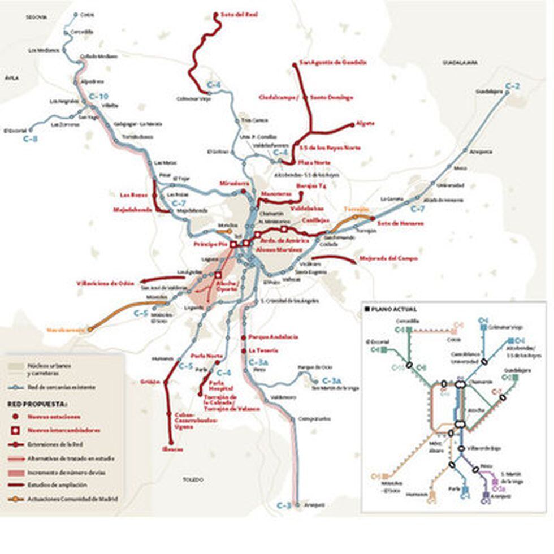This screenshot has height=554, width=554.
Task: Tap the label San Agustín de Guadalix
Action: pos(333,62)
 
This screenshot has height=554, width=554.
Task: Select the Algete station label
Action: pos(365,123)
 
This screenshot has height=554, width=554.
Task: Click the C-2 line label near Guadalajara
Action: pos(512,86)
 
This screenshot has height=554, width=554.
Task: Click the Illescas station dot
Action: pos(170,443)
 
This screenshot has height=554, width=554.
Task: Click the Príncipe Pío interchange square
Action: pos(232,244)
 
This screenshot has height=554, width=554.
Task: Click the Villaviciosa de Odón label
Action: pos(106,283)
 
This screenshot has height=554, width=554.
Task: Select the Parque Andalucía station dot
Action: pos(243,337)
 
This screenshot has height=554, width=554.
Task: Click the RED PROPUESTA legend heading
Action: pos(37,404)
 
